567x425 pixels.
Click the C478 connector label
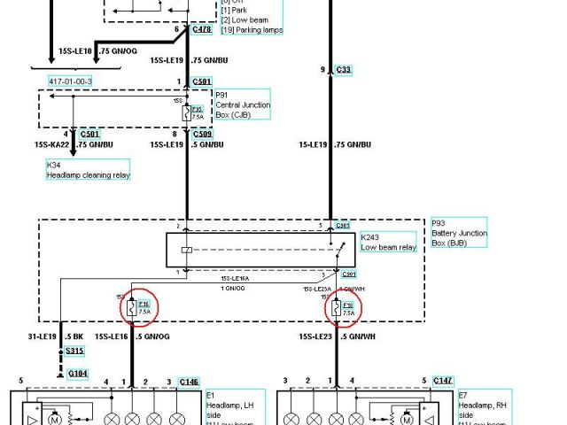pos(201,30)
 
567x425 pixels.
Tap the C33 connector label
pos(344,69)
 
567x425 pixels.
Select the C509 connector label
pos(202,134)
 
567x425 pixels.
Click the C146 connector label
pos(189,382)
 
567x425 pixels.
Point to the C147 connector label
pos(442,381)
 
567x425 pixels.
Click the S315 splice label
pos(76,351)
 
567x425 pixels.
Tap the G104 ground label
pos(78,374)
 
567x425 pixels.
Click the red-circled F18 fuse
pos(337,308)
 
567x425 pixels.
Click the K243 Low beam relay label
pos(388,242)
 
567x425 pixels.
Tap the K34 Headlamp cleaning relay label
pos(88,170)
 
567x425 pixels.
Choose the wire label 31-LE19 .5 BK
pos(57,336)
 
